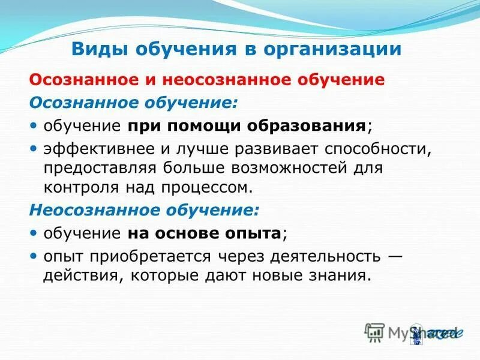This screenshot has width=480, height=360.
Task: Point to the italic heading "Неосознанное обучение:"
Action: coord(145,211)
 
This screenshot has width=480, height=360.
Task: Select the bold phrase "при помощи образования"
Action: coord(247,125)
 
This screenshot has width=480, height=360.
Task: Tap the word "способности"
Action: coord(379,148)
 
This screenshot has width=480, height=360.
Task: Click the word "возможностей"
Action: coord(290,167)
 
